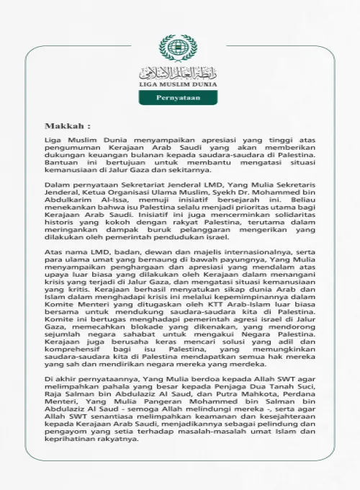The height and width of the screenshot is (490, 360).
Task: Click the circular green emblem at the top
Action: point(177,48)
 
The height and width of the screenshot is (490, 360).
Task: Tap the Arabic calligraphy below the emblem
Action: point(177,71)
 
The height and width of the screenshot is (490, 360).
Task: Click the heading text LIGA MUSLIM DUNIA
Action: point(177,84)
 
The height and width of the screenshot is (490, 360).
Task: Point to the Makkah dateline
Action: point(68,125)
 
